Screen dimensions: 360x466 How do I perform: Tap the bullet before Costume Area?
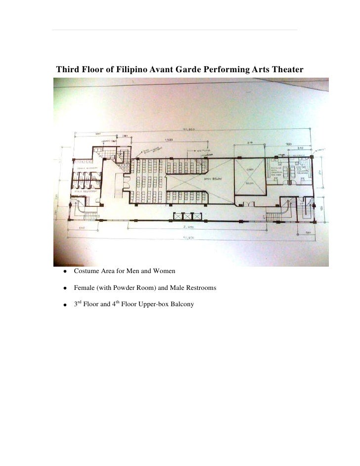[64, 272]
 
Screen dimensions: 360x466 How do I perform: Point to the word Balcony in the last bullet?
[182, 304]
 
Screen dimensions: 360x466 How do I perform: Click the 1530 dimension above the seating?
[169, 140]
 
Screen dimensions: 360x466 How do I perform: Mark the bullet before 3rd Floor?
[64, 305]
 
